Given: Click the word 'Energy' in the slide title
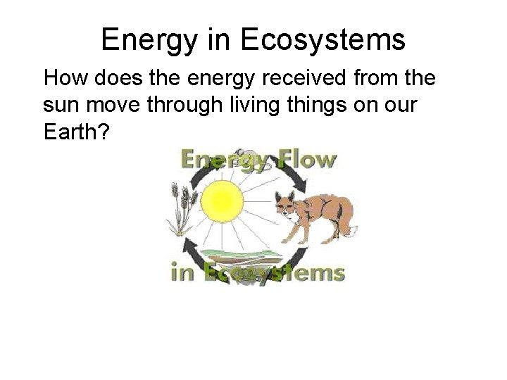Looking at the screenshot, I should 149,40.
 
